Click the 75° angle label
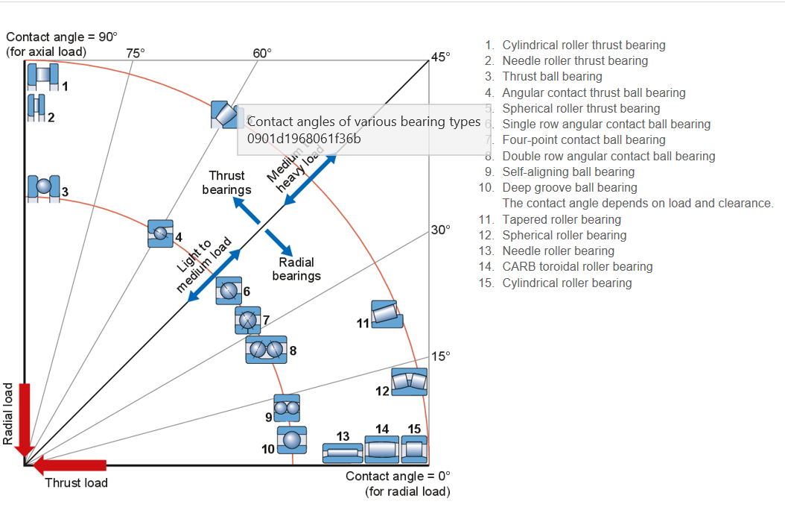(x=135, y=53)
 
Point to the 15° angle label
(x=440, y=356)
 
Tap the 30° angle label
(x=440, y=229)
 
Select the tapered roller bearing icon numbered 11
(x=387, y=314)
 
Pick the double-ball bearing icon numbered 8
(x=266, y=349)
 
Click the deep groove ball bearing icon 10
(x=291, y=440)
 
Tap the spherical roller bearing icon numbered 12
(x=409, y=381)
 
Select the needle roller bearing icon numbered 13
(x=343, y=452)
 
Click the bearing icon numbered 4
(x=159, y=233)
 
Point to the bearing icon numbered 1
(x=42, y=76)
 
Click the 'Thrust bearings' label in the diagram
(x=226, y=183)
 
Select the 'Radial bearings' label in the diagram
(x=296, y=269)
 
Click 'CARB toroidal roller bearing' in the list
(x=577, y=266)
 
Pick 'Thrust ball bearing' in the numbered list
(x=552, y=76)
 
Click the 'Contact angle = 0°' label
(x=398, y=477)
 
